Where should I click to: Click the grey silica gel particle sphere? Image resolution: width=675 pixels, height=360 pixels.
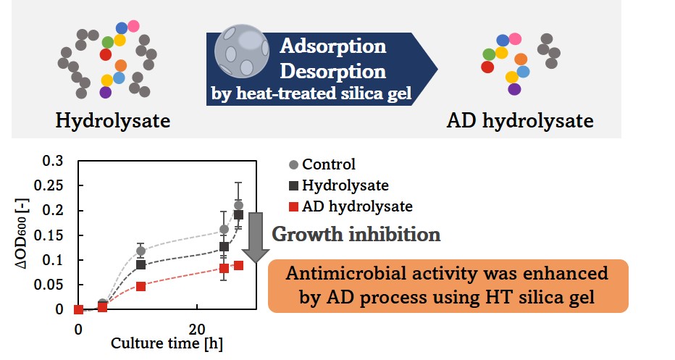click(241, 51)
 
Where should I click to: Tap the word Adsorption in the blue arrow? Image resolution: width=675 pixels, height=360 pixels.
click(332, 46)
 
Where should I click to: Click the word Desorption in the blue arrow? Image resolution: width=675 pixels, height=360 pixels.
click(332, 71)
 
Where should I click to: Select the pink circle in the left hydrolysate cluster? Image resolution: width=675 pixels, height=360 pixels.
click(133, 26)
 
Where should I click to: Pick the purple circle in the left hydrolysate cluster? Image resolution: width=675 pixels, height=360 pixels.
click(106, 92)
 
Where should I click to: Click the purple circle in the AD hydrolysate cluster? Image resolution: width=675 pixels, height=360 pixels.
click(514, 89)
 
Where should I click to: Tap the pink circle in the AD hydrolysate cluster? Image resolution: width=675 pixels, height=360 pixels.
click(515, 39)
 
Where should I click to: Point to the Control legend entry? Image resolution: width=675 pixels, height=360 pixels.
click(322, 164)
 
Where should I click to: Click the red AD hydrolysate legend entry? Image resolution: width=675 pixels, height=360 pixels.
click(351, 206)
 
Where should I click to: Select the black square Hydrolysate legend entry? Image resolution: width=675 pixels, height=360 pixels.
click(339, 185)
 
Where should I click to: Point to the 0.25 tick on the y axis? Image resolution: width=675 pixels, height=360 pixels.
click(49, 185)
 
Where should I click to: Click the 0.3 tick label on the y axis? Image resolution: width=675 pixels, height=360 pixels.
click(53, 161)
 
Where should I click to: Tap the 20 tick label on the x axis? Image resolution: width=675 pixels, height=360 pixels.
click(197, 330)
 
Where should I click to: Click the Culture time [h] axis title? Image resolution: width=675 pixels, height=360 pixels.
click(167, 343)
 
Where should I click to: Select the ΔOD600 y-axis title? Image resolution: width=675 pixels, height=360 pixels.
click(22, 234)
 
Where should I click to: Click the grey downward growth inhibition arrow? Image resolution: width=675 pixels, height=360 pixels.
click(256, 238)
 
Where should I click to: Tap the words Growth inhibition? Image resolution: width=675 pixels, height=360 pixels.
click(356, 234)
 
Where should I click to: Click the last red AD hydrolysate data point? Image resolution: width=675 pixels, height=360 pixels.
click(238, 266)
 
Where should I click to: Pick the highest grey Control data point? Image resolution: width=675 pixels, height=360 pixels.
click(238, 206)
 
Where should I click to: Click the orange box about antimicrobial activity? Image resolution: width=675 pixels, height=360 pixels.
click(448, 286)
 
